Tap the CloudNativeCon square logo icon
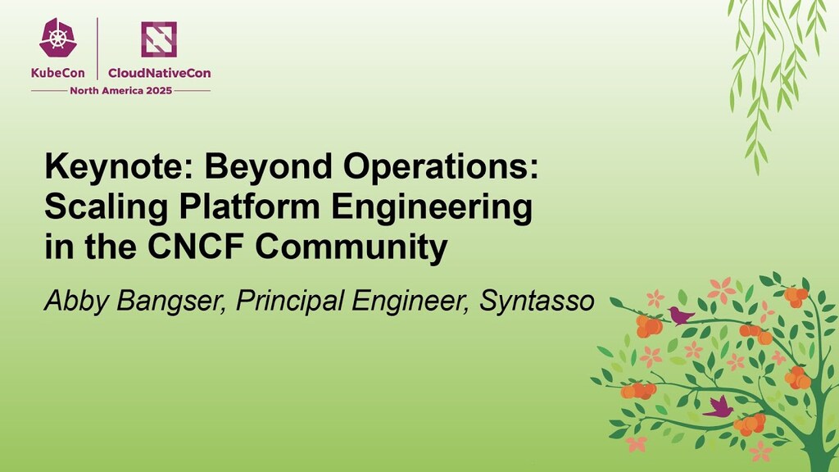[x=159, y=39]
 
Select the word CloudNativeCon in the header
[x=159, y=73]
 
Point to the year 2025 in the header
[x=156, y=90]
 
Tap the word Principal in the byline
[x=289, y=302]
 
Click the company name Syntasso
[x=536, y=302]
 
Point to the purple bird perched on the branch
[x=680, y=315]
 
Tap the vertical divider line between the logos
[x=98, y=49]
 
